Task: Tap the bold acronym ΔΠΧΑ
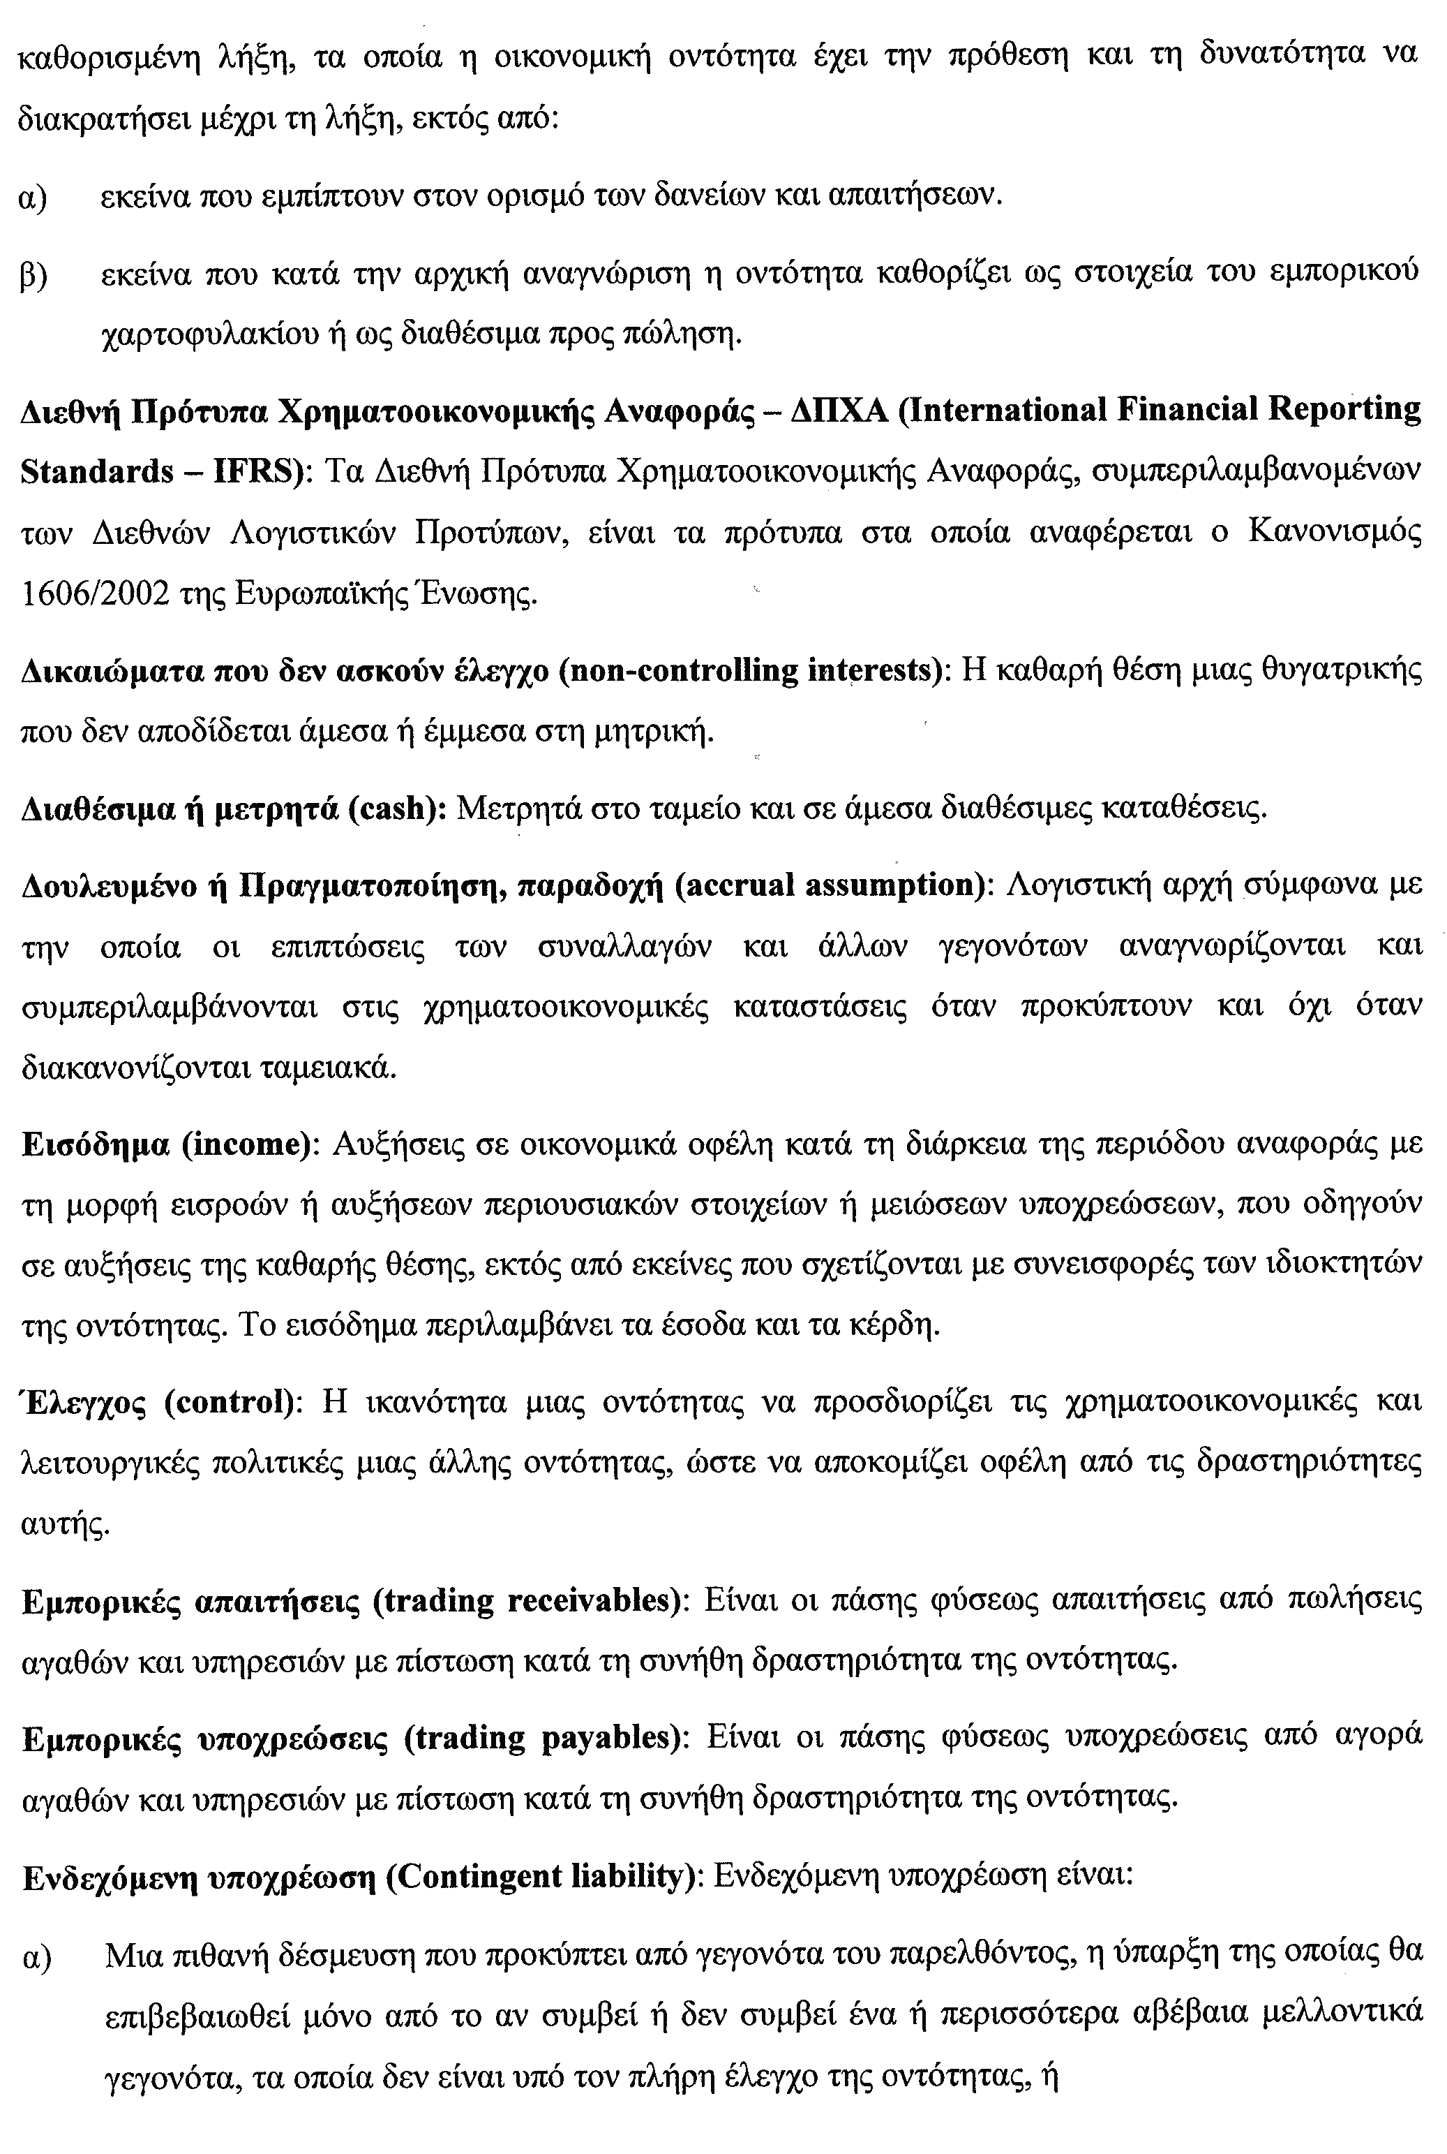(838, 410)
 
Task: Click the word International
(1000, 410)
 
